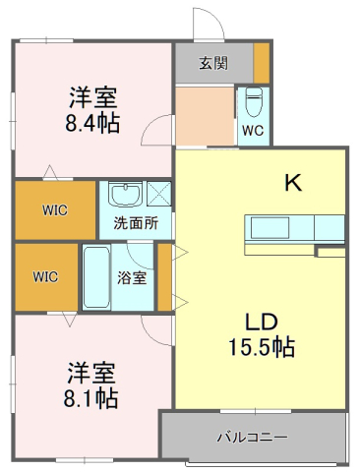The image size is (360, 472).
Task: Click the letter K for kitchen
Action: (x=292, y=182)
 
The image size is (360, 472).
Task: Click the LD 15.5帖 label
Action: (x=262, y=334)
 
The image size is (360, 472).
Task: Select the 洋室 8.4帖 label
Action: (x=93, y=110)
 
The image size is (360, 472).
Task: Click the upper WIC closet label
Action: (x=54, y=209)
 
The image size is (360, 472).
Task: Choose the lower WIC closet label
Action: (x=46, y=276)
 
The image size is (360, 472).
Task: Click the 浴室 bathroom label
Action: (x=133, y=277)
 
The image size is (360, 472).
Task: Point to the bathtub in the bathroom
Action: (x=95, y=278)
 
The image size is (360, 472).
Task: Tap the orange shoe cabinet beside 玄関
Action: (x=262, y=63)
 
